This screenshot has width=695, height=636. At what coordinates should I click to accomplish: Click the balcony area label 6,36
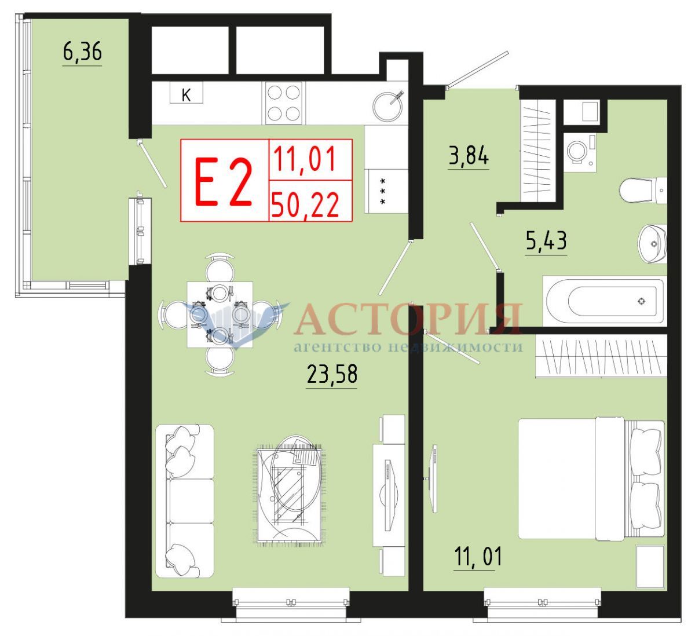click(82, 53)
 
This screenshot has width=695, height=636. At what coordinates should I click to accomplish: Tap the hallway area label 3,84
click(469, 156)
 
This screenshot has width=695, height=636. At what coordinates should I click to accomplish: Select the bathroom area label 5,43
click(546, 240)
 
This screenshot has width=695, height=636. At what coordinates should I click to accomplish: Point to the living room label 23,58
click(332, 374)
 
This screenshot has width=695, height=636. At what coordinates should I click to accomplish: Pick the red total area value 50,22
click(305, 204)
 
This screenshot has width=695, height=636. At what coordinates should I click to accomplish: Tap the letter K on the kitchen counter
click(186, 95)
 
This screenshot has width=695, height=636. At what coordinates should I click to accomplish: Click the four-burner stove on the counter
click(284, 103)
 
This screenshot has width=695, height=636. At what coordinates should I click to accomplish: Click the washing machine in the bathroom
click(580, 152)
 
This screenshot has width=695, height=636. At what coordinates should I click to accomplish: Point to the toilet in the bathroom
click(643, 191)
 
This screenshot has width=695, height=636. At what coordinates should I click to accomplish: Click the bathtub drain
click(641, 301)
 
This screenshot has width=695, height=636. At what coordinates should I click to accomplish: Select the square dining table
click(220, 315)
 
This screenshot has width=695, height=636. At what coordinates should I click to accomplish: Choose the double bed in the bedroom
click(591, 480)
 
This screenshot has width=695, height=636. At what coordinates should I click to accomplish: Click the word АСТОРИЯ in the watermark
click(408, 319)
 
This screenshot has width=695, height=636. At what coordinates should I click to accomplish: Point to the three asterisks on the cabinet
click(382, 191)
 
